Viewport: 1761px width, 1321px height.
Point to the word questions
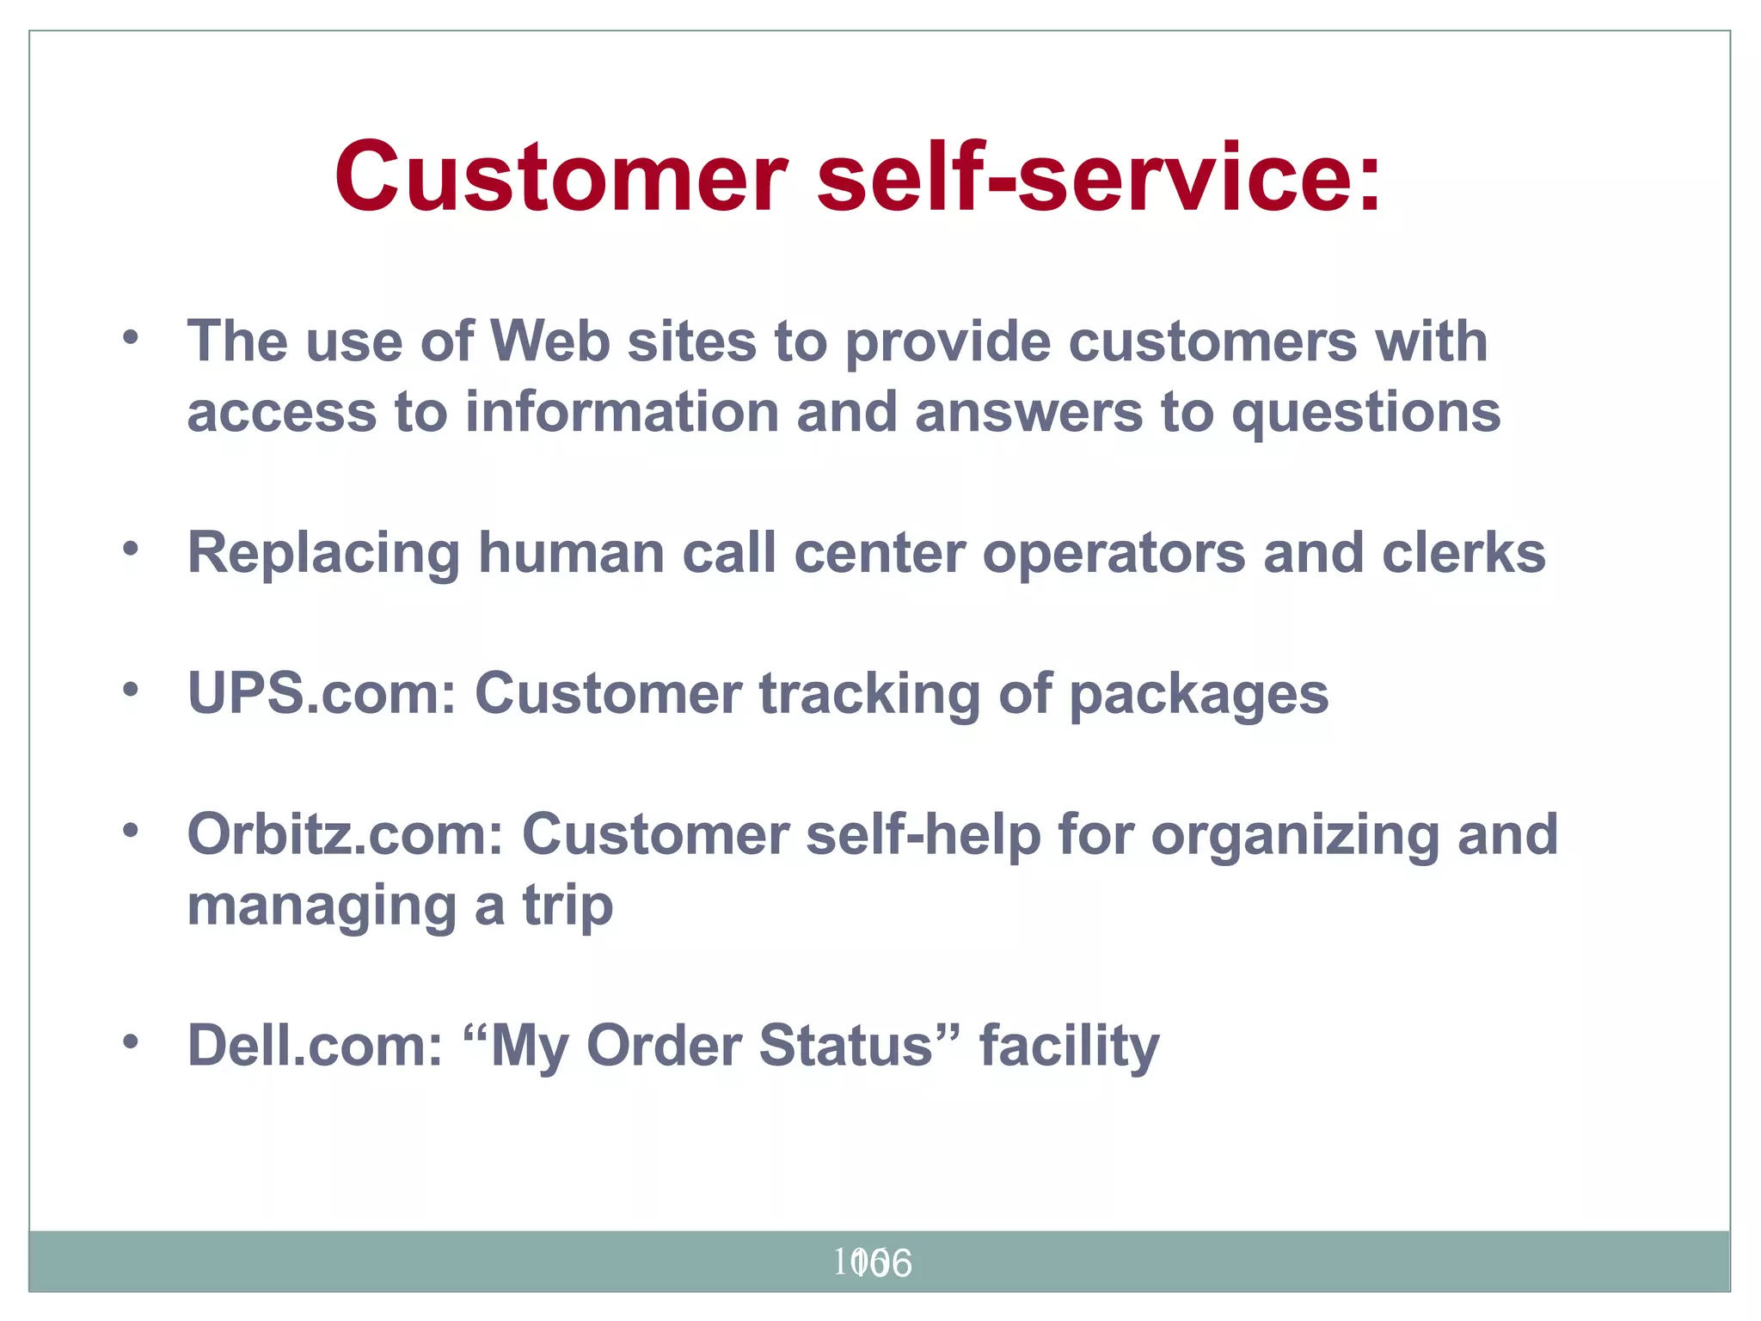pos(1366,414)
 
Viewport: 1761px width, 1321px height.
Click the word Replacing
pos(323,553)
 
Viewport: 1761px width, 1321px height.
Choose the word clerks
pos(1463,552)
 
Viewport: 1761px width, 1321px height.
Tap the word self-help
pos(923,834)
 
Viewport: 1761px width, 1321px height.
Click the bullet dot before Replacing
pos(131,548)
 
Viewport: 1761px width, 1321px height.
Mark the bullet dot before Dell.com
pos(131,1041)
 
